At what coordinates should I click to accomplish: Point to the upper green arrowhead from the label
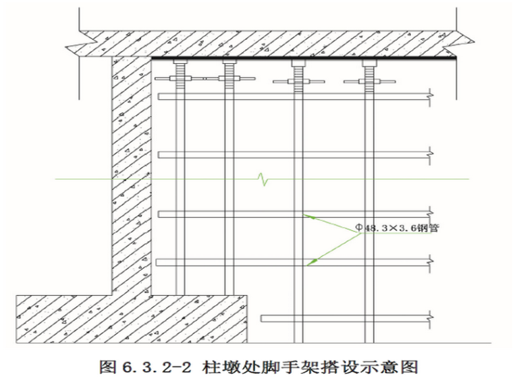click(x=307, y=216)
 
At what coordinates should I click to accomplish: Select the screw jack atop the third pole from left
click(x=298, y=74)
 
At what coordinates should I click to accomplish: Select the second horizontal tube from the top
click(x=294, y=155)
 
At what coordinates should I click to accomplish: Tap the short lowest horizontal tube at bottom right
click(x=344, y=316)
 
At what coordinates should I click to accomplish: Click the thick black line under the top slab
click(x=304, y=59)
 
